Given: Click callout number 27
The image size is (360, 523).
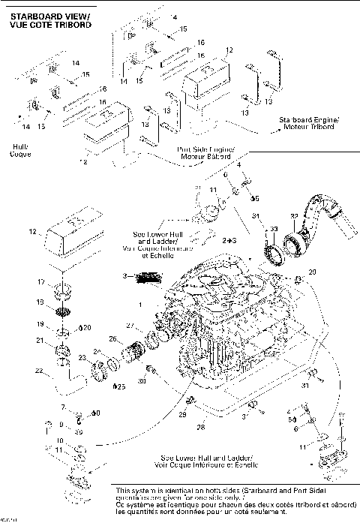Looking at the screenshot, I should [x=130, y=325].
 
